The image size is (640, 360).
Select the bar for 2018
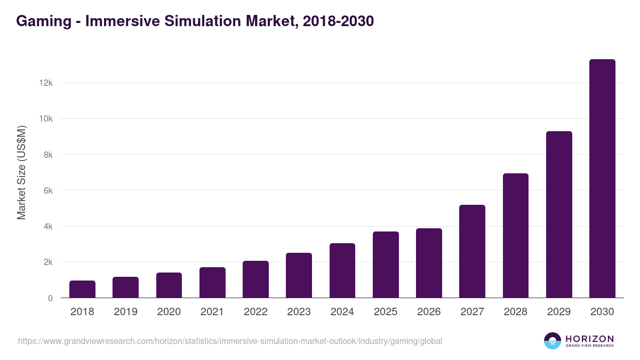pos(82,289)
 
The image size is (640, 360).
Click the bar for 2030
pos(602,179)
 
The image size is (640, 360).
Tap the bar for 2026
pos(429,263)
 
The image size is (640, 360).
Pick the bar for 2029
pos(559,214)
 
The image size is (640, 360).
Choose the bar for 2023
pos(299,275)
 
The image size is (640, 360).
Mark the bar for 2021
pos(212,282)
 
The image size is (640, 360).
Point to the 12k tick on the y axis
pos(45,83)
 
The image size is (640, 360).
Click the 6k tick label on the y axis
pos(47,190)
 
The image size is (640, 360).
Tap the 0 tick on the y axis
pos(50,298)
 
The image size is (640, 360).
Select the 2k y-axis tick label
pos(47,262)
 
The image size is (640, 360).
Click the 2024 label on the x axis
pos(342,312)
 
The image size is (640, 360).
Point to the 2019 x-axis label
pos(125,312)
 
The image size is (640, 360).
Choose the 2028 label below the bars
pos(515,312)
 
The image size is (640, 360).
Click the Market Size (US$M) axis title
pos(21,172)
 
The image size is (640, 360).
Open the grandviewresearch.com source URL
pos(230,341)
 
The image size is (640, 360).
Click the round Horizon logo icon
pos(553,341)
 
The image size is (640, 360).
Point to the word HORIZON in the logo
pos(589,338)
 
